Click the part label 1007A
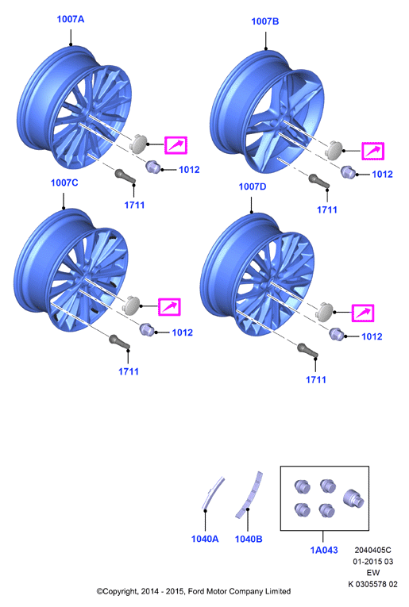tap(71, 19)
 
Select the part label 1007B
tap(265, 21)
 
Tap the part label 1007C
tap(64, 182)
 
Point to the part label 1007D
tap(253, 186)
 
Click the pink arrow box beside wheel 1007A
tap(176, 145)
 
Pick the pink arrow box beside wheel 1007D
tap(363, 313)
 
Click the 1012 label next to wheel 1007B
tap(382, 175)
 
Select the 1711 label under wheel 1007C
tap(129, 371)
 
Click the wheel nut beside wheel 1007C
tap(147, 329)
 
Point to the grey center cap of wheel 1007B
tap(333, 150)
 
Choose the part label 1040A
tap(205, 539)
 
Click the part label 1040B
tap(249, 539)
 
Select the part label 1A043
tap(324, 550)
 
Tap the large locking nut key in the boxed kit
tap(353, 498)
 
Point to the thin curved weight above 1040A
tap(212, 493)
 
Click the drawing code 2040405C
tap(372, 550)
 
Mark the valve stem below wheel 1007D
tap(307, 350)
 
